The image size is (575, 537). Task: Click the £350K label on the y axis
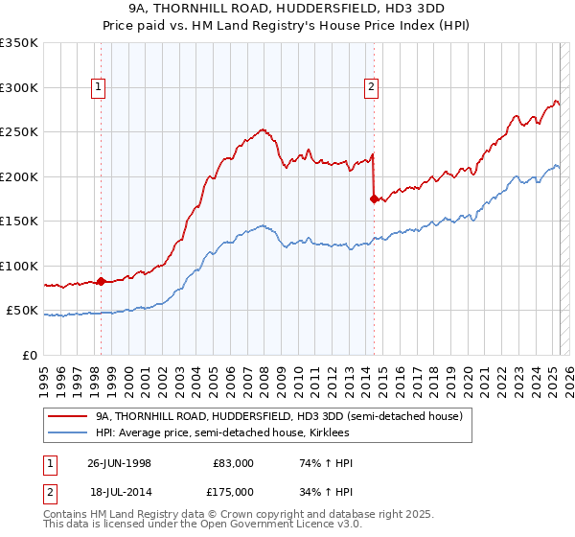click(x=19, y=43)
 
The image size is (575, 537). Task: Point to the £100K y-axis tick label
click(x=19, y=266)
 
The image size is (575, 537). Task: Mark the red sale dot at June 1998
click(x=102, y=281)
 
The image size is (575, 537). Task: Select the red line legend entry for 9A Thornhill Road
click(x=279, y=416)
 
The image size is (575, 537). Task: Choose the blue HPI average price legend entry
click(x=241, y=432)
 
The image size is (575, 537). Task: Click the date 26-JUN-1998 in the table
click(x=119, y=463)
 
